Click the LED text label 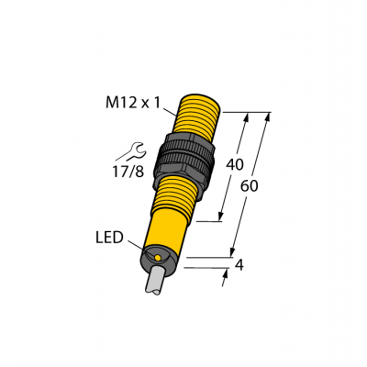[x=109, y=237]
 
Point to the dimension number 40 [x=235, y=166]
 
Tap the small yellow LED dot [x=161, y=259]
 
